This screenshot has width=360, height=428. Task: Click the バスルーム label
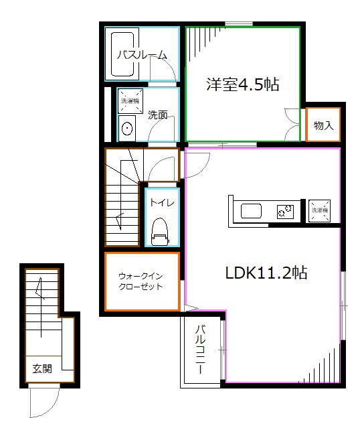[x=142, y=55]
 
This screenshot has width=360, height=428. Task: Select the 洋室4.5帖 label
[x=242, y=85]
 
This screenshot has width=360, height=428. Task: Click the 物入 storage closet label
[x=323, y=125]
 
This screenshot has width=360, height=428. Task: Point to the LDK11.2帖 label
[x=266, y=273]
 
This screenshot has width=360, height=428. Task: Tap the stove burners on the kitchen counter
[x=286, y=212]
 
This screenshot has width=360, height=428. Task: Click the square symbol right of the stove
[x=319, y=210]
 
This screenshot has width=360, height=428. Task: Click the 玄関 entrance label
[x=42, y=368]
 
